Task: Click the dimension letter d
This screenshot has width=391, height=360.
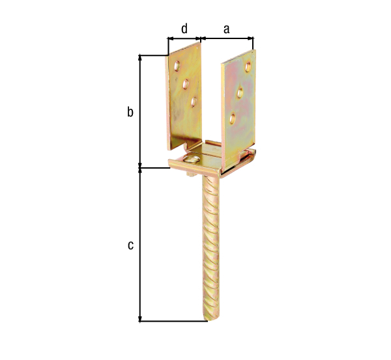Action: click(x=184, y=29)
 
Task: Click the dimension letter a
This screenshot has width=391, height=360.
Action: click(x=226, y=29)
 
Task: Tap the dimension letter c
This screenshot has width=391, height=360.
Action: click(x=130, y=245)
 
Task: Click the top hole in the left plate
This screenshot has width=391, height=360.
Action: click(x=177, y=66)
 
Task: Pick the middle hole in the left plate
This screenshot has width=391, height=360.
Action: click(x=186, y=84)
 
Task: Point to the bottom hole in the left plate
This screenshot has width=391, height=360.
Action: click(x=194, y=102)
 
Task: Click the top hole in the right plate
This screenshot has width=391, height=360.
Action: click(x=248, y=66)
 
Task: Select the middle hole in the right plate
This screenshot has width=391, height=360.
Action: click(x=240, y=93)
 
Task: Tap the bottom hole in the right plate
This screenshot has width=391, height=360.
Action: click(x=233, y=118)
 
